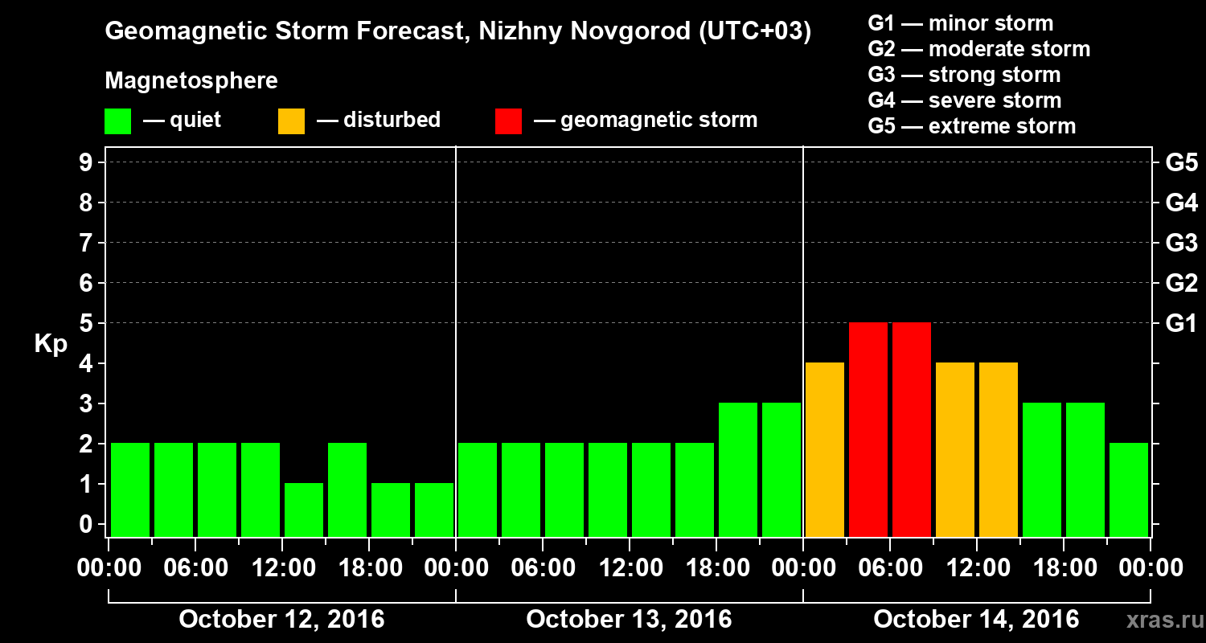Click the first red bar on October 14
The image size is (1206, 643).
coord(868,429)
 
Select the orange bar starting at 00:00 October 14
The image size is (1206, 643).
coord(825,449)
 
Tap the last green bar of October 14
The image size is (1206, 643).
coord(1129,489)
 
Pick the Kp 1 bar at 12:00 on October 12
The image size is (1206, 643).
coord(304,510)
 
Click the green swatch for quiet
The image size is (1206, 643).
coord(117,121)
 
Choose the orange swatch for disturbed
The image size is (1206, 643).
coord(291,121)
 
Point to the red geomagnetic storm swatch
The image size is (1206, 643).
coord(508,121)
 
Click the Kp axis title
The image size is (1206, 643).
coord(51,343)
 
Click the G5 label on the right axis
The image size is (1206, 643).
coord(1181,163)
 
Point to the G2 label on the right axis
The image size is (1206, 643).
coord(1181,283)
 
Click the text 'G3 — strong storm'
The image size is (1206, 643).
coord(964,75)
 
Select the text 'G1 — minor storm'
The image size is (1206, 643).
coord(960,23)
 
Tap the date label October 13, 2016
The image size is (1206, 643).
coord(629,620)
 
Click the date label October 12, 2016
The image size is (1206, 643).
coord(281,620)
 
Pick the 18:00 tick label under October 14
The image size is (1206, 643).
coord(1063,568)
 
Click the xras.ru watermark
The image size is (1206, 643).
coord(1159,620)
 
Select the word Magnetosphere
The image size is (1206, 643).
coord(191,81)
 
